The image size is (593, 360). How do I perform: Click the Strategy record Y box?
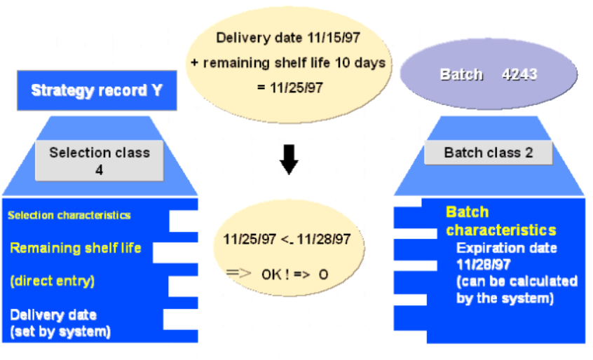(x=96, y=90)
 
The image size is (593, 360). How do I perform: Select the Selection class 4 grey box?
(x=100, y=160)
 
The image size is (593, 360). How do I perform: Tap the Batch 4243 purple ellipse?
(x=489, y=74)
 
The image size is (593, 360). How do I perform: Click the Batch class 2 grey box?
(x=488, y=153)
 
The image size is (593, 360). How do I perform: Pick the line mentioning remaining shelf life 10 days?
(x=288, y=63)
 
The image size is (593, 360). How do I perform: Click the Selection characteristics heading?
(x=69, y=215)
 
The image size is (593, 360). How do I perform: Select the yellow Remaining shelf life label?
(x=76, y=247)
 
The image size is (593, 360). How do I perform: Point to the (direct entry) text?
(x=53, y=281)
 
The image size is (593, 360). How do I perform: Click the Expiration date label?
(x=507, y=249)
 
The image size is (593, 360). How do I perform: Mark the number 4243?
(x=520, y=74)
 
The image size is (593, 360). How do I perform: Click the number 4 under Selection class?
(x=100, y=169)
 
